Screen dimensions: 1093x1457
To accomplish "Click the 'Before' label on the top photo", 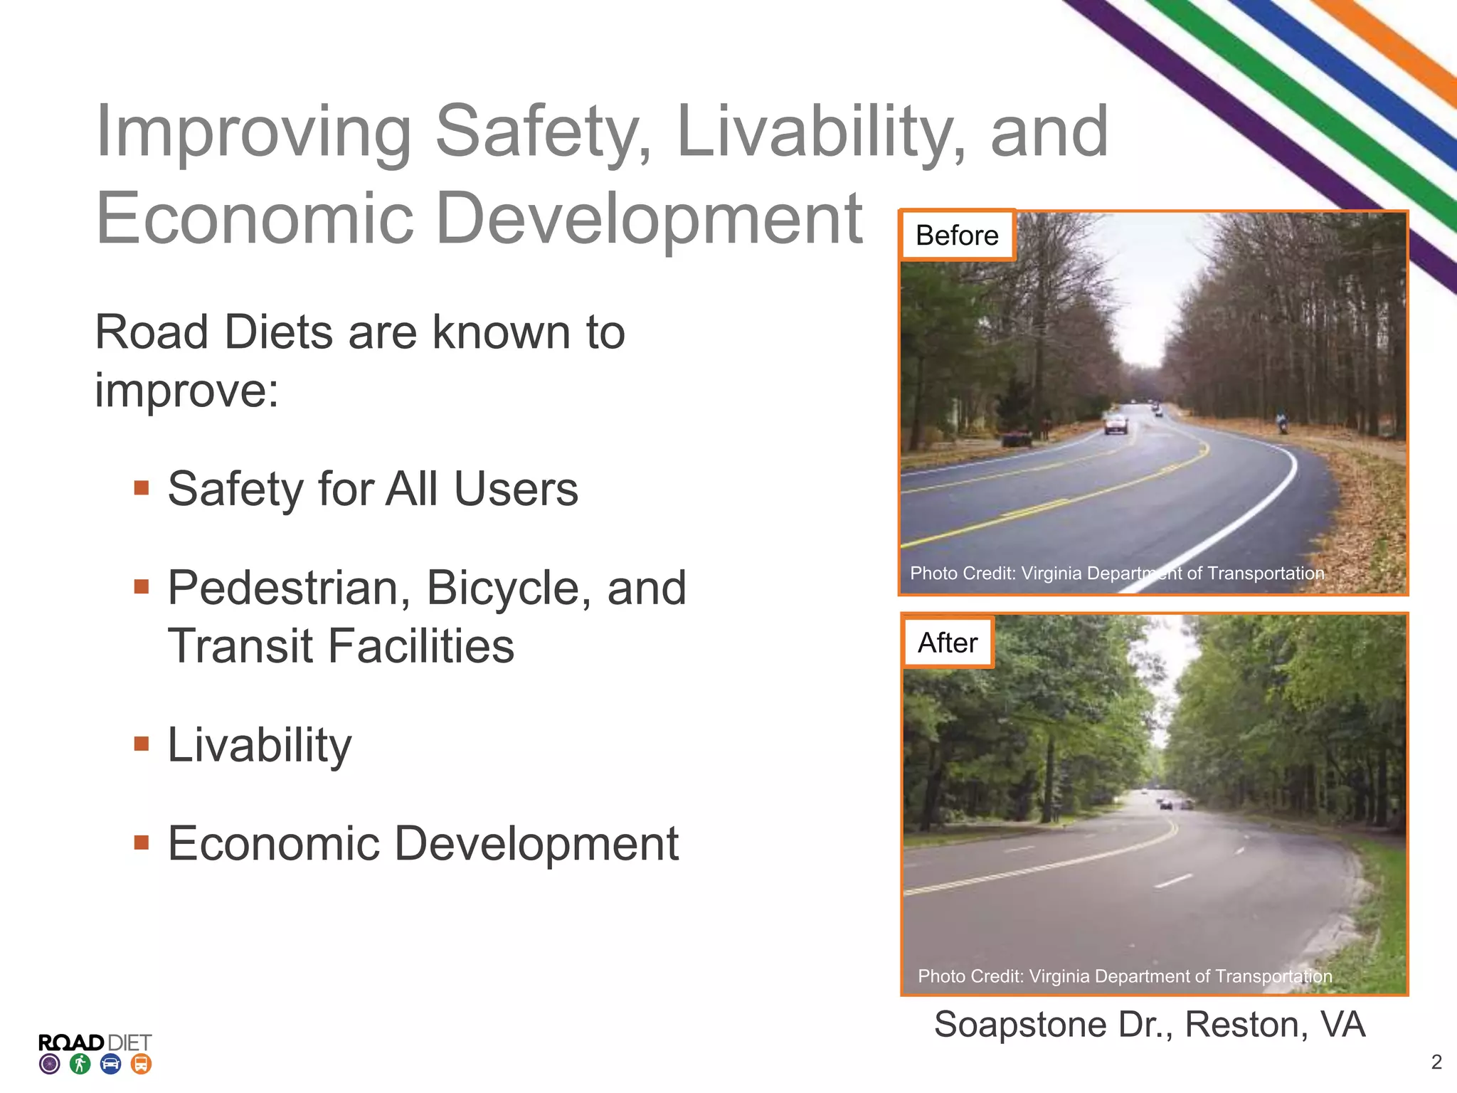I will (x=957, y=236).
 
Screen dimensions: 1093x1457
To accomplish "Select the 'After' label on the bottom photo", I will (x=948, y=643).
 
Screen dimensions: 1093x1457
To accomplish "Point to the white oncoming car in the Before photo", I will (x=1116, y=424).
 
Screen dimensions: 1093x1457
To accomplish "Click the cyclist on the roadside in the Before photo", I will (x=1281, y=423).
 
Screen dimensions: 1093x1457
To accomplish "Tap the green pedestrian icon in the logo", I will (x=80, y=1065).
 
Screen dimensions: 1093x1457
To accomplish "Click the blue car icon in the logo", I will (x=111, y=1065).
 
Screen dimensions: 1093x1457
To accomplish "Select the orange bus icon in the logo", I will (x=142, y=1065).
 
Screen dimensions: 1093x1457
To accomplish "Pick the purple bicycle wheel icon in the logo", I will (x=50, y=1065).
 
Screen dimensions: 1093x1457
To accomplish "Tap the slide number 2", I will (x=1436, y=1062).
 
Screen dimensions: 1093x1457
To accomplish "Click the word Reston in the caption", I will (x=1246, y=1025).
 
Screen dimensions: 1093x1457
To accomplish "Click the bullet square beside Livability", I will (x=142, y=744).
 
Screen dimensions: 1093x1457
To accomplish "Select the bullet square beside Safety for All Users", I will (x=142, y=488).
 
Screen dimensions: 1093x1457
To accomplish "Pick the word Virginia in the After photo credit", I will (x=1059, y=976).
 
